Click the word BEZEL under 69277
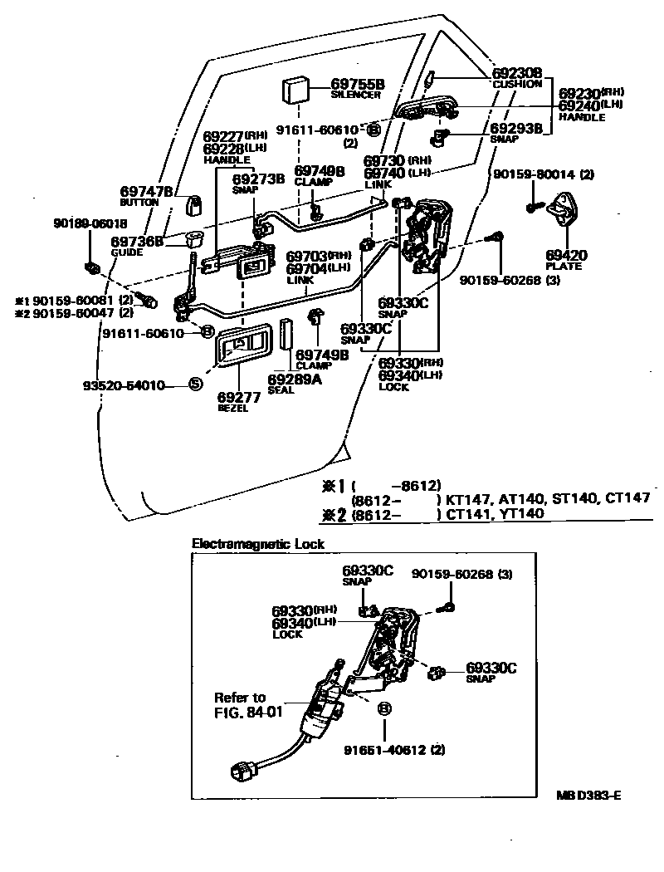click(x=232, y=409)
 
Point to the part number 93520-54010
click(x=122, y=385)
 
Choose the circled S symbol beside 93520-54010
click(x=194, y=385)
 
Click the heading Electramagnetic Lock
click(x=258, y=544)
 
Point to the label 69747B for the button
click(x=147, y=192)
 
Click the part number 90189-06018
click(x=91, y=224)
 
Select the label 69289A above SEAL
click(x=295, y=380)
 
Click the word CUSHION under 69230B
click(x=517, y=85)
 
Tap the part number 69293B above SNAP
click(x=516, y=129)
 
